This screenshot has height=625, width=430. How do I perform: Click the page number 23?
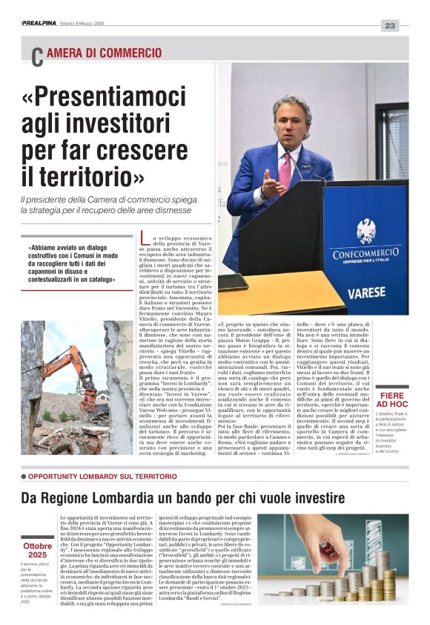(390, 25)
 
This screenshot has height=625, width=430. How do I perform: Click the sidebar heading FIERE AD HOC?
(391, 400)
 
